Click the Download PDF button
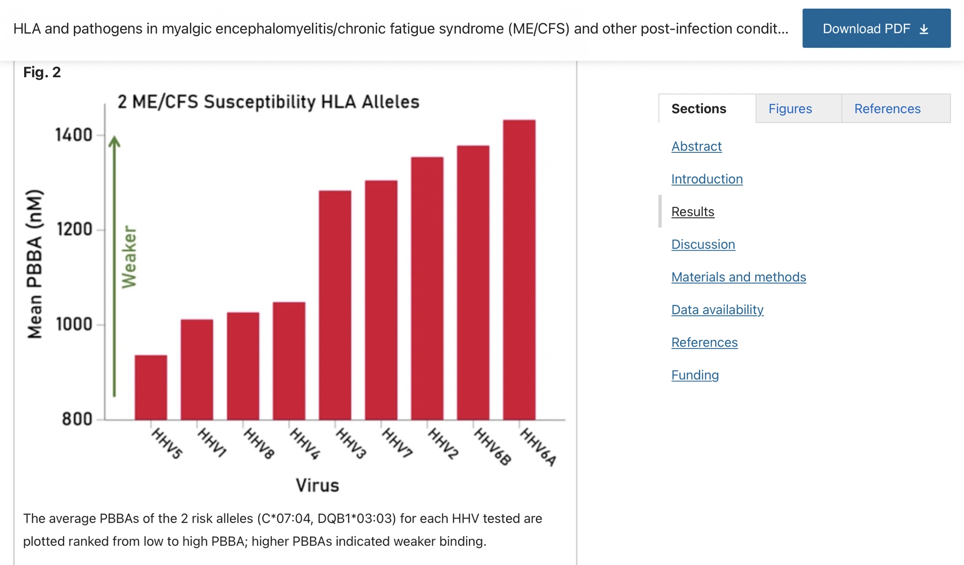tap(876, 28)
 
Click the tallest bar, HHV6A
tap(519, 270)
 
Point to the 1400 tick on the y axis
tap(74, 135)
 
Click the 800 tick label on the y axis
tap(77, 419)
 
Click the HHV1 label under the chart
tap(212, 443)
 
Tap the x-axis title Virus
tap(317, 485)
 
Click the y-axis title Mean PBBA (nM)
tap(35, 264)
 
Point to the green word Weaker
tap(129, 257)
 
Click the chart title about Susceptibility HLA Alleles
tap(268, 102)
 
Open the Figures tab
tap(790, 109)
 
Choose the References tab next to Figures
tap(887, 109)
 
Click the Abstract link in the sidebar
tap(696, 147)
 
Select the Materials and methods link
tap(738, 277)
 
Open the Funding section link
tap(695, 375)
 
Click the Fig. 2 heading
tap(42, 72)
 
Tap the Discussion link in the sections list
tap(703, 244)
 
